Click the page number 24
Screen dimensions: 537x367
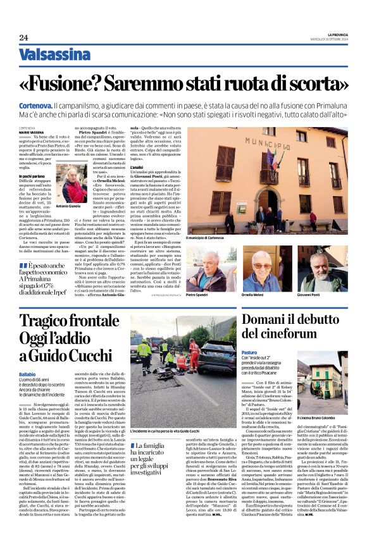coord(23,37)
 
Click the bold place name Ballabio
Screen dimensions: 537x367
coord(28,376)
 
